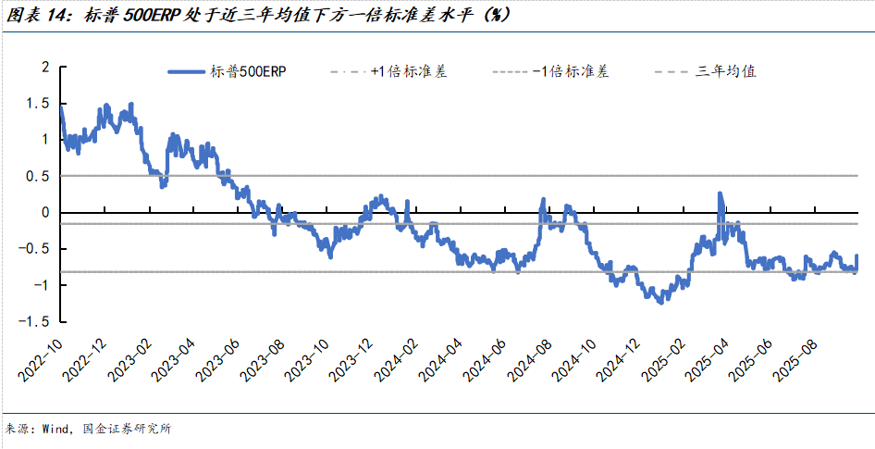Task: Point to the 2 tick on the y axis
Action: coord(43,67)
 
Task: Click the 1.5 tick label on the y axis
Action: coord(38,104)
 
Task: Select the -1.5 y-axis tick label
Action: coord(35,321)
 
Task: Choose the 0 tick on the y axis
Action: coord(43,212)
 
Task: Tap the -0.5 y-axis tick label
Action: coord(35,248)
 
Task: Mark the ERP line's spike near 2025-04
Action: coord(720,194)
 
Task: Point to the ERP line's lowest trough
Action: coord(659,302)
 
